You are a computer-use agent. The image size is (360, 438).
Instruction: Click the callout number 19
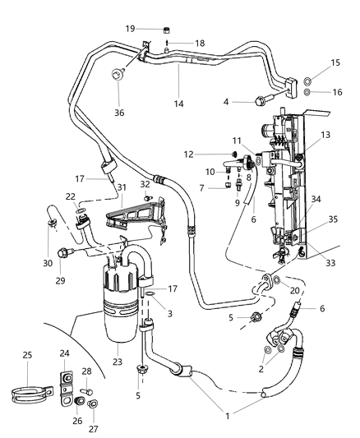tap(130, 28)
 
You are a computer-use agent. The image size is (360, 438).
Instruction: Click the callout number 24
tap(64, 353)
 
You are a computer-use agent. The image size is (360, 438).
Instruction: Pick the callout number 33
tap(307, 262)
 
